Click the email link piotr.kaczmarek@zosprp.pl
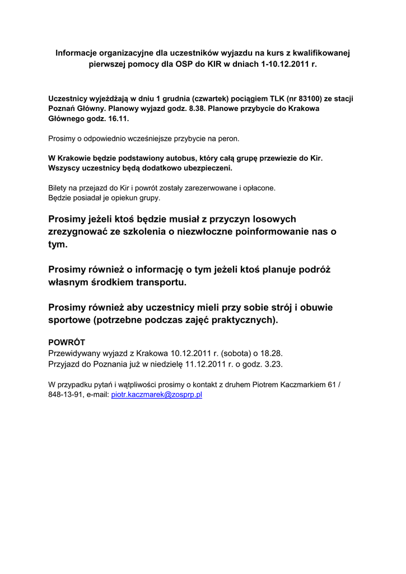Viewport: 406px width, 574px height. coord(157,395)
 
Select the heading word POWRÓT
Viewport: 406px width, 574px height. coord(67,342)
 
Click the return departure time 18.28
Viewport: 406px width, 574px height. coord(271,353)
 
